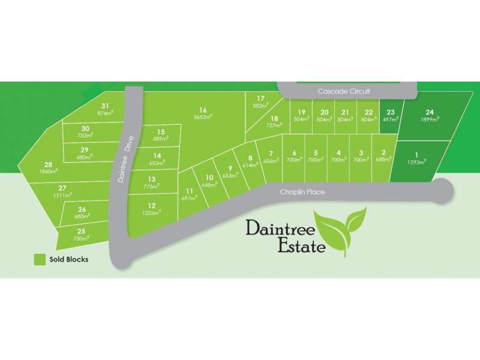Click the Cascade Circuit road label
[344, 91]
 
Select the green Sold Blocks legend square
[40, 260]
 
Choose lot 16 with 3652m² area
[203, 113]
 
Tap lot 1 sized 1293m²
[416, 157]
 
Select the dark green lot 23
[391, 116]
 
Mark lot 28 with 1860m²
[48, 167]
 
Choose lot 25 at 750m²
[81, 234]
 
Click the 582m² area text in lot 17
[260, 106]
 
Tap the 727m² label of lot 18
[274, 125]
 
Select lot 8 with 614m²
[250, 161]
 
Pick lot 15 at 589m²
[160, 135]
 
